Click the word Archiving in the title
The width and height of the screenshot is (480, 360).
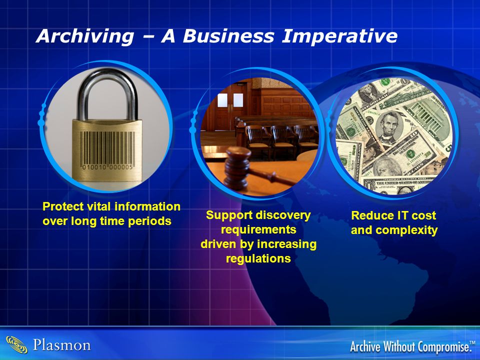(x=85, y=36)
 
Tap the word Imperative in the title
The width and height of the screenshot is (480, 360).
(x=339, y=36)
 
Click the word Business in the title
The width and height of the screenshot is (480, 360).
(x=228, y=35)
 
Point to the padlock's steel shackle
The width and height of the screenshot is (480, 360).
(x=107, y=92)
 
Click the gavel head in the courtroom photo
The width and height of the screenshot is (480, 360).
(x=237, y=167)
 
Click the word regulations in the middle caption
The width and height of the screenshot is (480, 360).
(x=258, y=258)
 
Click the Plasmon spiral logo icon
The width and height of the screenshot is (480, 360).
(x=17, y=344)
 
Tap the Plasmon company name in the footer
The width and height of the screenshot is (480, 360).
(x=62, y=345)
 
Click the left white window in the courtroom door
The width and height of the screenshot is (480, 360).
(x=222, y=100)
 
